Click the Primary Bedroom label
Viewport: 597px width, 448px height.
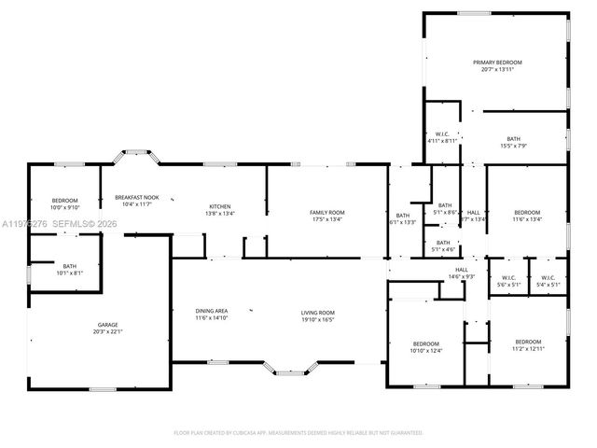496,63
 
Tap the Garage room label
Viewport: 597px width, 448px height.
107,325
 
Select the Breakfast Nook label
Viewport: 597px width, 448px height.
136,197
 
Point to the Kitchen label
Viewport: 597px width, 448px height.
219,206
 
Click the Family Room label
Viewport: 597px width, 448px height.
326,213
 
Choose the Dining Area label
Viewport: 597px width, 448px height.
212,312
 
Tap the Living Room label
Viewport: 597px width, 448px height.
317,312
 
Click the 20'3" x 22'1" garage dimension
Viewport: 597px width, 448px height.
107,331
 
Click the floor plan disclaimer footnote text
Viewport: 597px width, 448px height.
298,433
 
